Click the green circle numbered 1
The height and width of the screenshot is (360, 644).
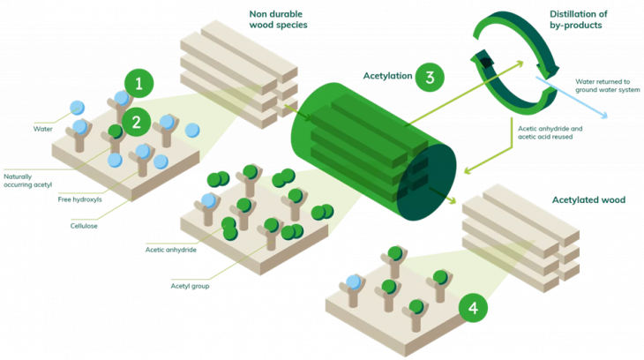139,85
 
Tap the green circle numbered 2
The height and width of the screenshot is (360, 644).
136,121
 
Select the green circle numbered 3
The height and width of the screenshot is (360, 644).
430,76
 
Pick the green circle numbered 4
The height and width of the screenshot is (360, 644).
474,308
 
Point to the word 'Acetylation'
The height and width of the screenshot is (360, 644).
386,76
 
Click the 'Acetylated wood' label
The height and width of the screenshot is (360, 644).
588,200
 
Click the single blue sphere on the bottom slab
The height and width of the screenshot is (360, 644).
355,282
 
